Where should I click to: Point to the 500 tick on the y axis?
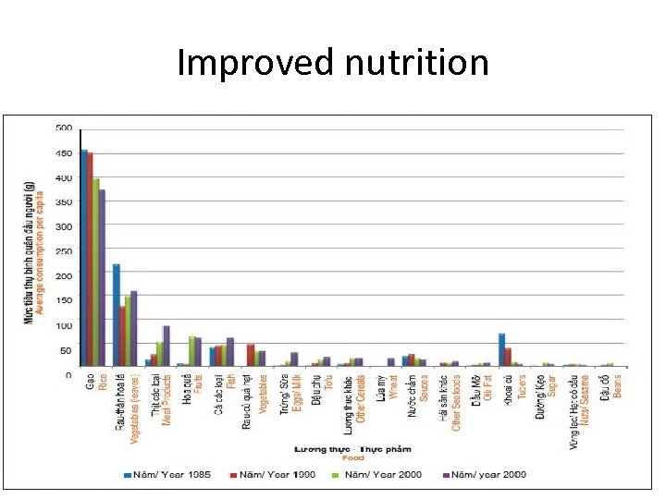point(64,128)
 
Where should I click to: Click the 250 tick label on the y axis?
point(64,251)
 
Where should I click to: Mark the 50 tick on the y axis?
point(66,350)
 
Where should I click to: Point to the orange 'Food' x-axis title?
point(353,457)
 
